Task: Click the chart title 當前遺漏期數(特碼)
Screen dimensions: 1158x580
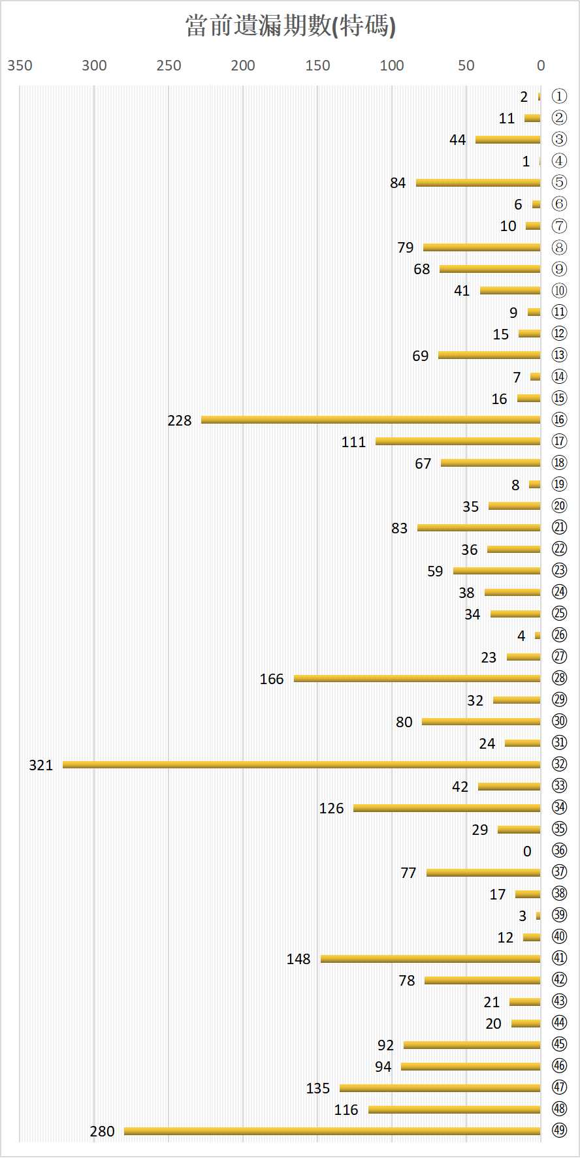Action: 290,26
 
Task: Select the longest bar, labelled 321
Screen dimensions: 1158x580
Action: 301,764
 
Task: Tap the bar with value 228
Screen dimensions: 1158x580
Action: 370,420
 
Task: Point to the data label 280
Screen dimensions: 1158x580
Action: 102,1131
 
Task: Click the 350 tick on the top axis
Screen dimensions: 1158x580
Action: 20,65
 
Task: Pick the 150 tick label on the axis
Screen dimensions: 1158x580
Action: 317,65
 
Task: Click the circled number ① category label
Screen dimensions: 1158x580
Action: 559,97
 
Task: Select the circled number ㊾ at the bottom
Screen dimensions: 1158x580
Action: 559,1131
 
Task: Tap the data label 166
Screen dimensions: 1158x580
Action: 272,679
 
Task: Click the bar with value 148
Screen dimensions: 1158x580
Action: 430,958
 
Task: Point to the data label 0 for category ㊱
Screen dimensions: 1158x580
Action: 527,851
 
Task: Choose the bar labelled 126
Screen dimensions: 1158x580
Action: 447,808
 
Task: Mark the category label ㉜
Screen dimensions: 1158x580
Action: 559,764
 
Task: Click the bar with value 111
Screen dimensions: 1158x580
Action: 458,441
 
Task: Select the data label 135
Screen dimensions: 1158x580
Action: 318,1088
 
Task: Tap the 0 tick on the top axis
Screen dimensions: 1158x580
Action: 541,65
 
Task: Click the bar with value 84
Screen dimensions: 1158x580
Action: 478,183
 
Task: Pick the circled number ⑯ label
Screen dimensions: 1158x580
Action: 559,420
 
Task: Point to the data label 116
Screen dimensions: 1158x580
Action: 346,1110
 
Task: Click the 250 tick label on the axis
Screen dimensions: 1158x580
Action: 169,65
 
